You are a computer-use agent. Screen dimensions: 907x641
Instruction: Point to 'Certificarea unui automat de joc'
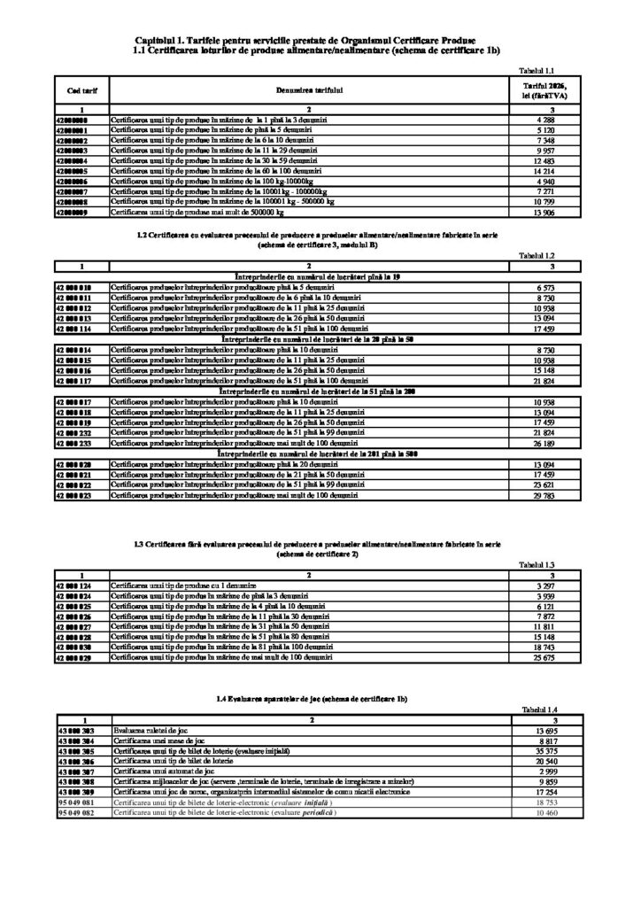pyautogui.click(x=160, y=771)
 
